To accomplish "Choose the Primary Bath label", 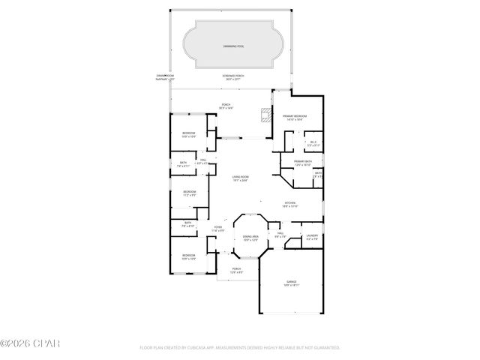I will [303, 163].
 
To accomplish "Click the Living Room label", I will [240, 178].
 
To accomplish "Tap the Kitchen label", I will [291, 204].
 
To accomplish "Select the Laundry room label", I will [313, 238].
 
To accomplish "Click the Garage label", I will [291, 283].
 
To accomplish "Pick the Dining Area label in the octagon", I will [250, 238].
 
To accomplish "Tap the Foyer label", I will [218, 228].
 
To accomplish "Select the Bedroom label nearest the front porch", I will [188, 257].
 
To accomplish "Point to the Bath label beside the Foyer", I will [187, 224].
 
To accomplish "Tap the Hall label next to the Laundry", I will [279, 235].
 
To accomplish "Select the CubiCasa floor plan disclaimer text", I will [240, 348].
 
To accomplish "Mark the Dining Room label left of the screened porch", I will [165, 77].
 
